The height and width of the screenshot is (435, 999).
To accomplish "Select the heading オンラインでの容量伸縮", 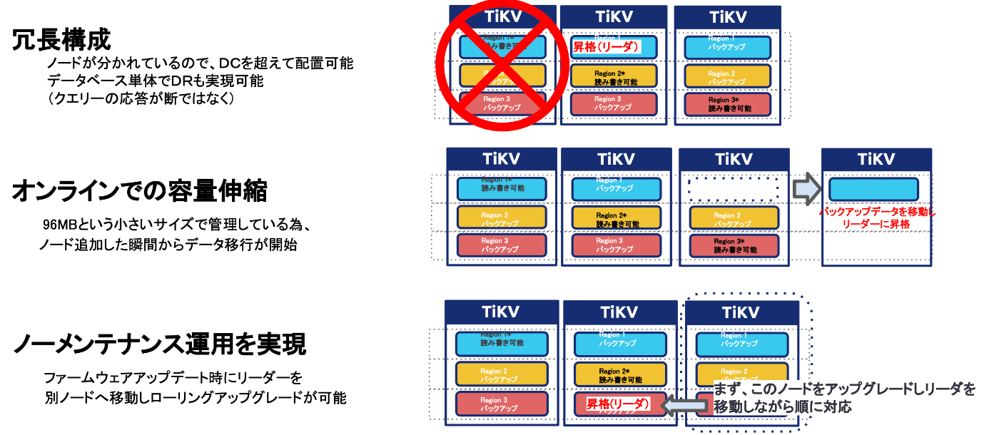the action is click(x=139, y=191).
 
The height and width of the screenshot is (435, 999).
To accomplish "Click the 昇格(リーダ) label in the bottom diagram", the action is click(x=618, y=404).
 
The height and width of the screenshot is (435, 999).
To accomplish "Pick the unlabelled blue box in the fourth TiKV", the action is click(x=873, y=189).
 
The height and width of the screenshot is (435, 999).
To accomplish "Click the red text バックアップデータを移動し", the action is click(x=877, y=213).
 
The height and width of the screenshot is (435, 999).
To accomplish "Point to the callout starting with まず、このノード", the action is click(x=844, y=397).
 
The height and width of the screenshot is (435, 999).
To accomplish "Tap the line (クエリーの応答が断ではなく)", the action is click(x=141, y=98).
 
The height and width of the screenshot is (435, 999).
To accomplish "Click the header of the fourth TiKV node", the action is click(x=876, y=159).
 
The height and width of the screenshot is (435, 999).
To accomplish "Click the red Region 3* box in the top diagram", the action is click(x=729, y=104).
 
